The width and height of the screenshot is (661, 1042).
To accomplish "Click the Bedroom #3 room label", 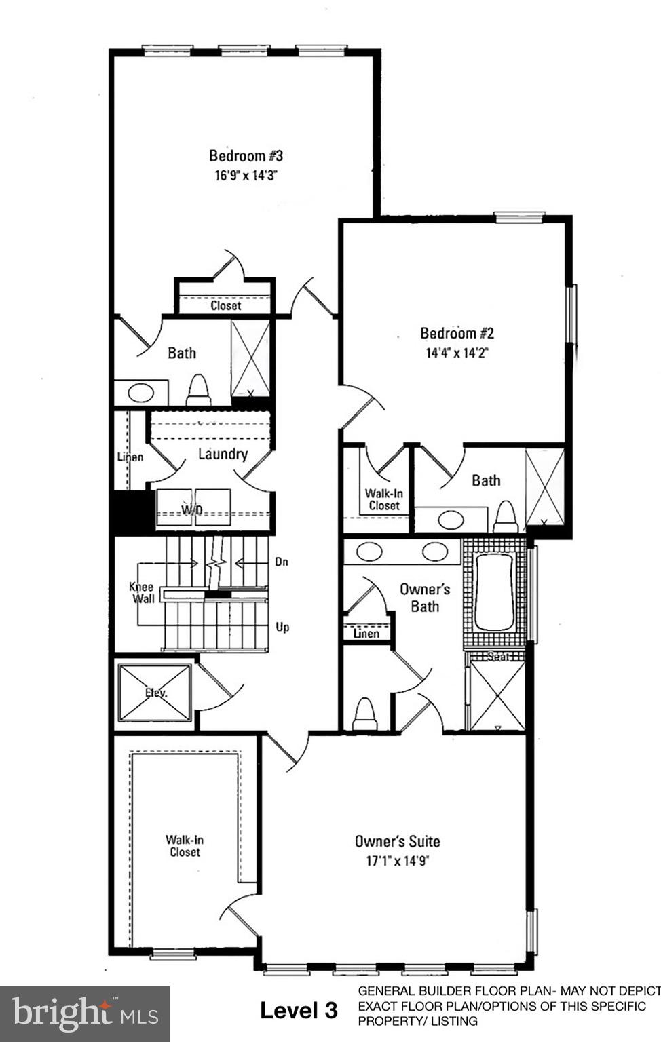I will coord(246,155).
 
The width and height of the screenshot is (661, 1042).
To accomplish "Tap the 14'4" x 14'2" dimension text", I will coord(457,353).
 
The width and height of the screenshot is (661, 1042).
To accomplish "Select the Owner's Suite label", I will coord(397,841).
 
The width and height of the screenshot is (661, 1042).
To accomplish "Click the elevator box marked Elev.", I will coord(155,693).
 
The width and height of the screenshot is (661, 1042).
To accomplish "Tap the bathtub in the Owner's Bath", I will coord(494,592).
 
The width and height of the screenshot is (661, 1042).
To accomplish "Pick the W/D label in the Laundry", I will coord(193,509).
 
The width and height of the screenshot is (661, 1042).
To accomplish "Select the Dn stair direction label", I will coord(282,562).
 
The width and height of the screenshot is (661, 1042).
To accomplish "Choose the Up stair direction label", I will coord(282,627).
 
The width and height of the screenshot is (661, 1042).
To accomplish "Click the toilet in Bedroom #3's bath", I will coord(198,391).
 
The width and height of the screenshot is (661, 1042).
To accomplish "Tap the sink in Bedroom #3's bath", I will coord(140,392).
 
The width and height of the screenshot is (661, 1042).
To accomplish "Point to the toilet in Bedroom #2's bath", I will coord(506,518).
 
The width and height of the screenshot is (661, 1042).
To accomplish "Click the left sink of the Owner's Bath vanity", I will coord(369,551).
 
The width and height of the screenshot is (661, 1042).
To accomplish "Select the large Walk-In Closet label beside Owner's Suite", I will coord(185,845).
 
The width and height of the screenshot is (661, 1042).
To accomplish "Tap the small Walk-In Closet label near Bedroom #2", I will coord(384,499).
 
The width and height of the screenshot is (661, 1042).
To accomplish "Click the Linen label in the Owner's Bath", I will coord(366,633).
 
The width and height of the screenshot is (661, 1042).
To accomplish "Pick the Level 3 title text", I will coord(299,1011).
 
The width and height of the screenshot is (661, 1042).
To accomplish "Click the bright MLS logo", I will coord(85,1014).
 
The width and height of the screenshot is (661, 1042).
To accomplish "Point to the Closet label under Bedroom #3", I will coord(225,305).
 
